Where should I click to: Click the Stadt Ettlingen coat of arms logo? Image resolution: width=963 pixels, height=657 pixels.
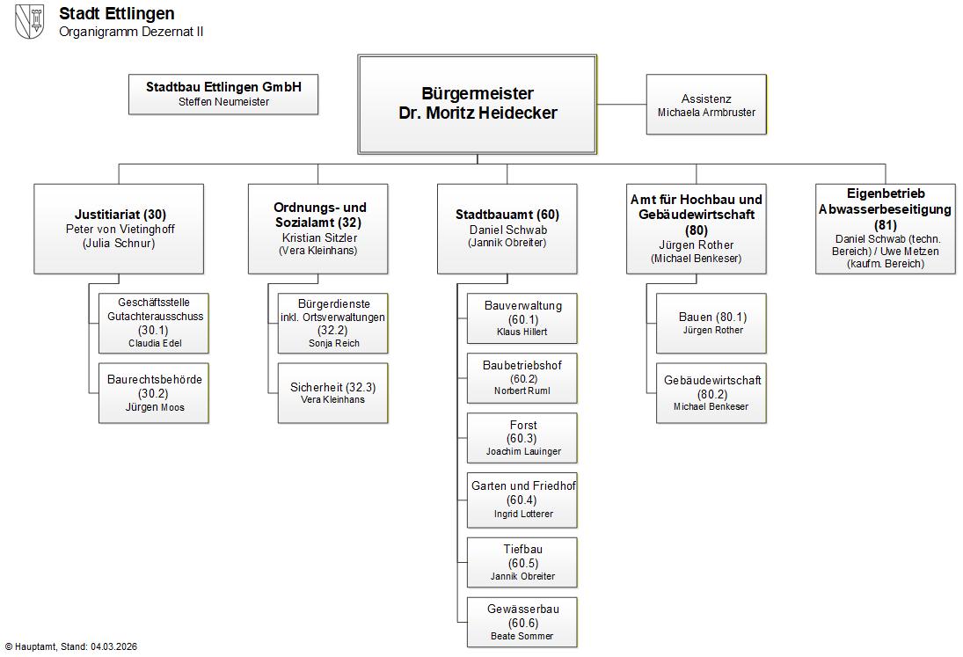coord(30,21)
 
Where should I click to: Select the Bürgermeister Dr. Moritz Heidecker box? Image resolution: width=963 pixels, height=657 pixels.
coord(477,104)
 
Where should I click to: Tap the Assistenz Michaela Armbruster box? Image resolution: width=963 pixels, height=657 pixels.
coord(706,105)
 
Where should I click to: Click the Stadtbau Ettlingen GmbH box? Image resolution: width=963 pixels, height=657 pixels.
coord(223,94)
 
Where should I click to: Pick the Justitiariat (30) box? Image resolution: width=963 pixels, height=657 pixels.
coord(119,228)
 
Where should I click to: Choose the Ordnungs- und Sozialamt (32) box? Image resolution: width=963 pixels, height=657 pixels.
coord(317,228)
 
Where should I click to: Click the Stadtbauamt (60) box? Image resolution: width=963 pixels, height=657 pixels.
coord(507,228)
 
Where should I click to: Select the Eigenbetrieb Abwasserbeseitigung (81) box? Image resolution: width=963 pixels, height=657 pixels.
coord(885,228)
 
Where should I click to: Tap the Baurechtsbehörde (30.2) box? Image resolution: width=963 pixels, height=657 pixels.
coord(154,392)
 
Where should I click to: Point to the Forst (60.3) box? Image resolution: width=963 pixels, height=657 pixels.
coord(522,438)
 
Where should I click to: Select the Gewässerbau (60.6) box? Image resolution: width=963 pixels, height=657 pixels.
coord(522,622)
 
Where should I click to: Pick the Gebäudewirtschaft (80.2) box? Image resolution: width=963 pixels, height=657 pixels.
coord(711,392)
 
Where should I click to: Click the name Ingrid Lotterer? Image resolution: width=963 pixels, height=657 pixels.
coord(523,514)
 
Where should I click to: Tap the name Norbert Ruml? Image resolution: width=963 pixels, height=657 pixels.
coord(522,391)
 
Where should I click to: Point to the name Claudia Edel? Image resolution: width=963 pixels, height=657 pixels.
coord(155,343)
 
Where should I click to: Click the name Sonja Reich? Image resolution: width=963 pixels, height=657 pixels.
coord(334,343)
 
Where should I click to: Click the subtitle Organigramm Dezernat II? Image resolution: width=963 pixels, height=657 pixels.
coord(131,32)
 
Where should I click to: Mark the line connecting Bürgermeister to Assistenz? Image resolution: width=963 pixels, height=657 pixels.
coord(622,104)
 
